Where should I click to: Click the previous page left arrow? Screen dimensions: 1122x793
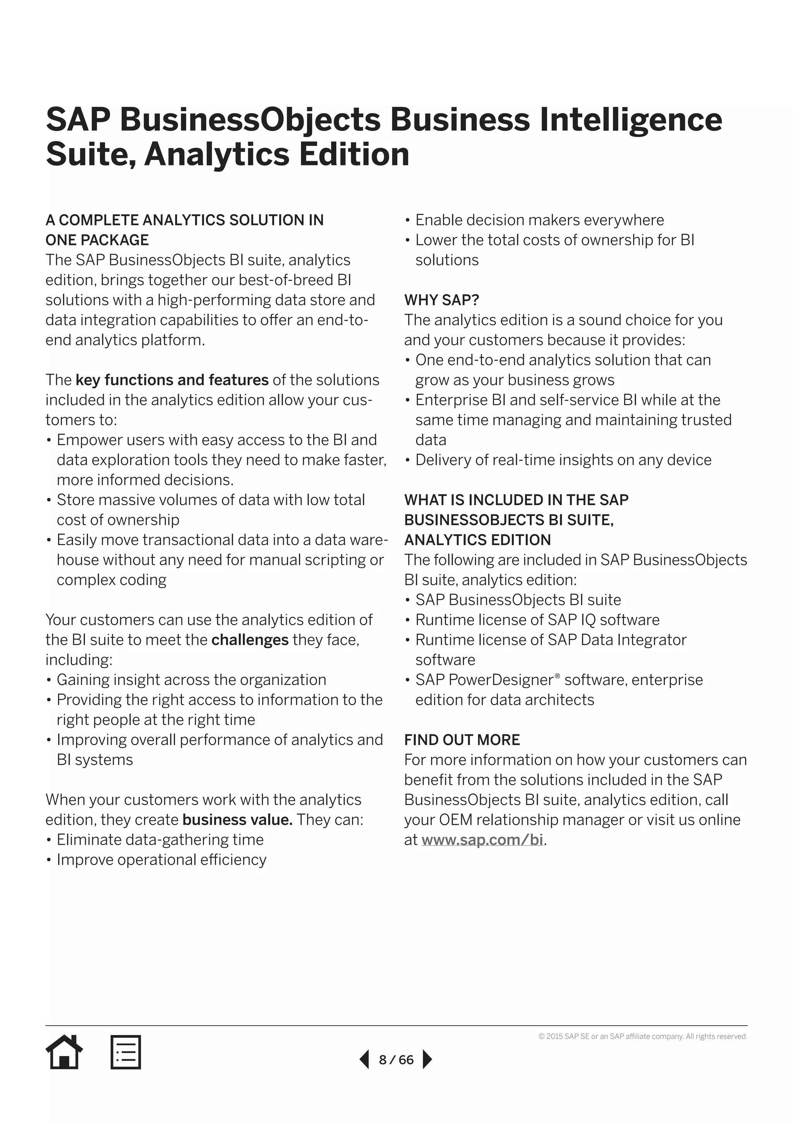364,1060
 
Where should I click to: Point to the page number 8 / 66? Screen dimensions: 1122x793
396,1060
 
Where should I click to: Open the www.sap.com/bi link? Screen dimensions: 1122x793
482,840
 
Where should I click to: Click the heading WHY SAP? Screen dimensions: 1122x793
441,299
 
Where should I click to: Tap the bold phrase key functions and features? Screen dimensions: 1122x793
172,380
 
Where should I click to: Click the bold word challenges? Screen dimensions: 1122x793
250,640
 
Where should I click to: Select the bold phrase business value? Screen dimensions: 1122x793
237,819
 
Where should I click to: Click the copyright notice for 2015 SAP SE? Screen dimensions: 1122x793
643,1036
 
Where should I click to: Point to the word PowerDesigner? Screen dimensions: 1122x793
501,680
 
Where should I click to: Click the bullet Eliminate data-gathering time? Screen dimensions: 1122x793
160,840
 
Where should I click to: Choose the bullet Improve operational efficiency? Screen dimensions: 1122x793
161,860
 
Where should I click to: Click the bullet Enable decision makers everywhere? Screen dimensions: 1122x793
539,220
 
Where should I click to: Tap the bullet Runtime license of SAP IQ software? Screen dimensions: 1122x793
537,620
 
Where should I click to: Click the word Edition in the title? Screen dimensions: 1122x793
354,155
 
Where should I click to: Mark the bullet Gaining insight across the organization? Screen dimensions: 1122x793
191,680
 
